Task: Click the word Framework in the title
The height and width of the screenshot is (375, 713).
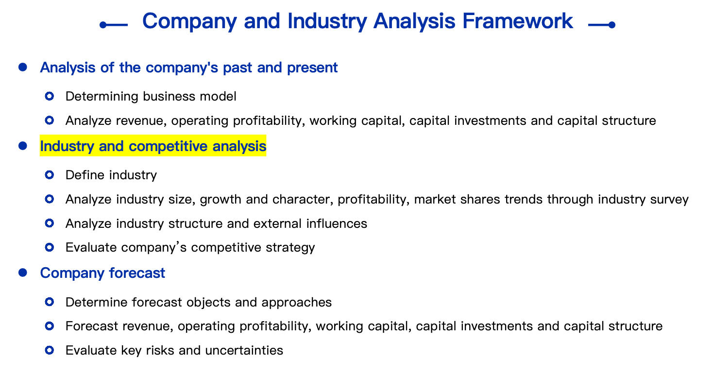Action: pos(518,21)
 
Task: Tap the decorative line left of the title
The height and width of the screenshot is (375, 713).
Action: pos(114,25)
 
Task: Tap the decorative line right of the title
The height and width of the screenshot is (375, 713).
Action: pos(602,25)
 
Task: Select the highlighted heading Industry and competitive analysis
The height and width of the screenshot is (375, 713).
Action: pos(153,146)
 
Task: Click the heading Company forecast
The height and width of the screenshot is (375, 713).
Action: pos(102,273)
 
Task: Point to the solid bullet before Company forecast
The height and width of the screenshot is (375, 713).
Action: pos(23,273)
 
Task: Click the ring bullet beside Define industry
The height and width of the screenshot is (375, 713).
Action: pos(50,175)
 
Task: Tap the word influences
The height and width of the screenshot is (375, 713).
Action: pos(337,223)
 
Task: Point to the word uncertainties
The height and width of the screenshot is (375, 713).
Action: pos(244,351)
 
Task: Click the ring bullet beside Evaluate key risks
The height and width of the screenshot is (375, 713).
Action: pos(50,350)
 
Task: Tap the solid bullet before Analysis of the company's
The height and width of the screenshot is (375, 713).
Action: pos(23,67)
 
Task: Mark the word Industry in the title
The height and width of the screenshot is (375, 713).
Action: pos(327,21)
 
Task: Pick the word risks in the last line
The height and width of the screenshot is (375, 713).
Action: pos(160,351)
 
